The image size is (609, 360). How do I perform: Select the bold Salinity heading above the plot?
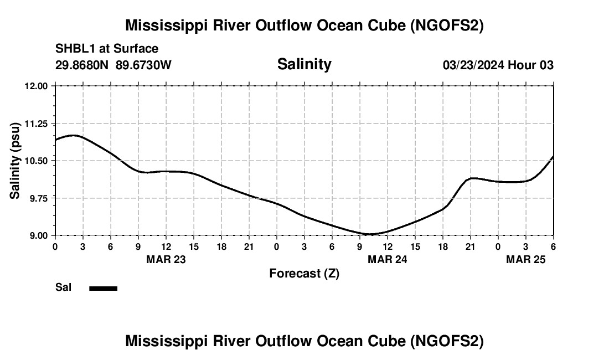304,64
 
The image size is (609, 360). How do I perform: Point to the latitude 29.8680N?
82,65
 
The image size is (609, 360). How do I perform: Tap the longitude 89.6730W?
143,65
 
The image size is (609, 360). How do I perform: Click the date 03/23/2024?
473,65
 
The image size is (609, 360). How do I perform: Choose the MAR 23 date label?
166,259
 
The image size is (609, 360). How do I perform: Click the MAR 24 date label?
387,259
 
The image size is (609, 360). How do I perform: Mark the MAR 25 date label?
525,259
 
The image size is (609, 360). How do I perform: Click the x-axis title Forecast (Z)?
304,273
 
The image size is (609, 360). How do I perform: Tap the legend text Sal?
64,287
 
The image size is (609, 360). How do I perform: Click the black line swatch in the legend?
103,288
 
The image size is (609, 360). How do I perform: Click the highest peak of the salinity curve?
74,135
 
